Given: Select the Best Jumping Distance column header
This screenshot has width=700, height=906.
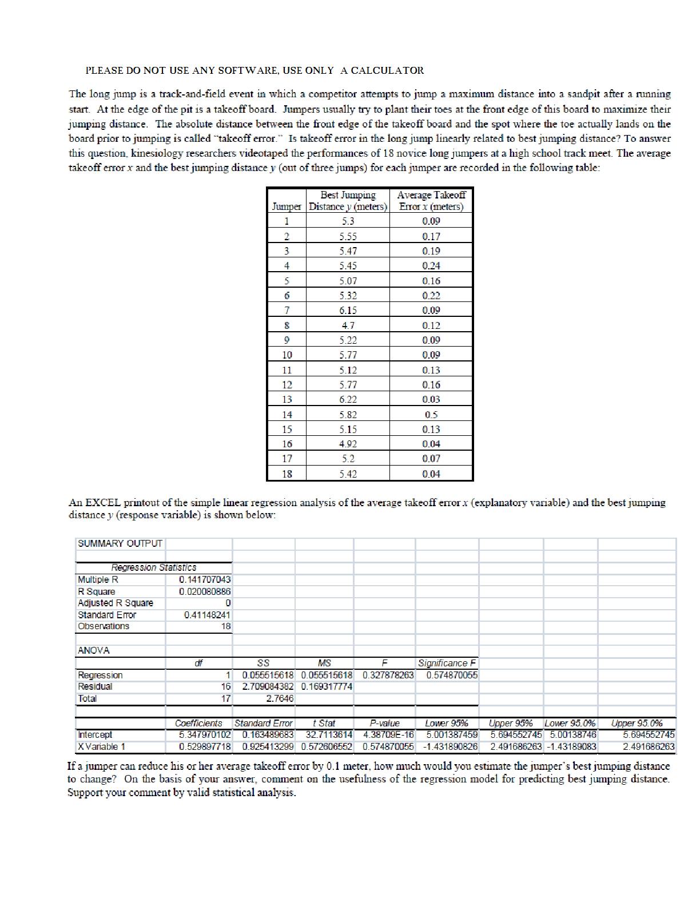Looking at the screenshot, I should (348, 201).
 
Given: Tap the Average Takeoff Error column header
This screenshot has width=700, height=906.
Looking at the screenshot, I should (431, 201).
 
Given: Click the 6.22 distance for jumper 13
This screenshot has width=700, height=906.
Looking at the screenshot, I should (348, 399).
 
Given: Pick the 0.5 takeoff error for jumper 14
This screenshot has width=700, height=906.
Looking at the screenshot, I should (431, 414).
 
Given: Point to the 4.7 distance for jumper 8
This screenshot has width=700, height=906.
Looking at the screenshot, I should (348, 325).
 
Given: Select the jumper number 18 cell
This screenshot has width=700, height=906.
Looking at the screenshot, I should (287, 474).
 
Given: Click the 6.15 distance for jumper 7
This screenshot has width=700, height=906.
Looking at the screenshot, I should (348, 310).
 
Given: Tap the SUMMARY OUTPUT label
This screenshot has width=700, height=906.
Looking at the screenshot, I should (120, 543).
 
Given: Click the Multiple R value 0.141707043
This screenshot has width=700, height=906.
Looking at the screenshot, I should (205, 579).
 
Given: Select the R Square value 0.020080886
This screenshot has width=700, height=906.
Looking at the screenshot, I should (205, 591).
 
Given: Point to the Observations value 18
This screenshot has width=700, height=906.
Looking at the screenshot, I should (226, 626).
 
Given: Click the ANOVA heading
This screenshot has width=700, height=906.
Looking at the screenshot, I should (94, 650).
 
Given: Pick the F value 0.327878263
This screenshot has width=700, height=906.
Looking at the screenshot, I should (388, 675).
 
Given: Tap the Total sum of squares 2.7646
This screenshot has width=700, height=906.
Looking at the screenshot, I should (280, 698).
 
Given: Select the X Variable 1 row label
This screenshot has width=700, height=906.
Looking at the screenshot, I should (102, 746).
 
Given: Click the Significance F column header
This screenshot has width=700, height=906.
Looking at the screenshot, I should (447, 663).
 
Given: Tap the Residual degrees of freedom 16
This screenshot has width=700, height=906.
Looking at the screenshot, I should (226, 686).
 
